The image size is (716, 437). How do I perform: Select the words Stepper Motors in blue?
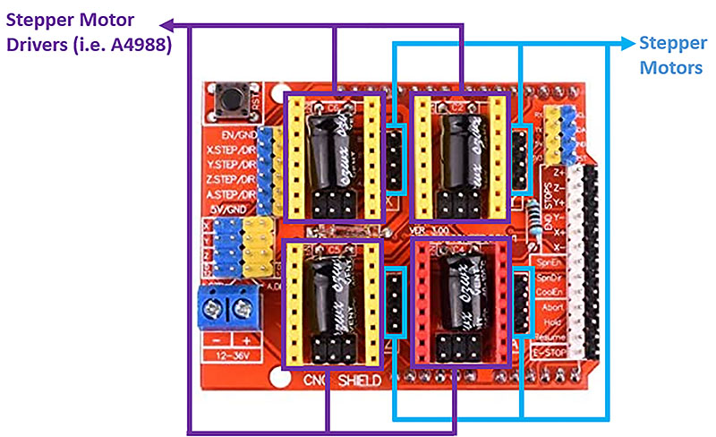(x=670, y=56)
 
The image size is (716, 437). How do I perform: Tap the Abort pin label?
(x=552, y=306)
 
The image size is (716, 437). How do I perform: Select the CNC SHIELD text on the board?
(x=340, y=381)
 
